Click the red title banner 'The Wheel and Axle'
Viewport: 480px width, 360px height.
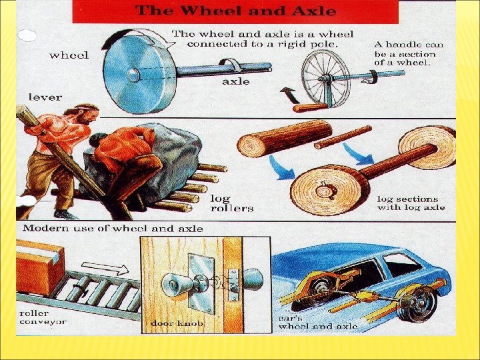pos(235,11)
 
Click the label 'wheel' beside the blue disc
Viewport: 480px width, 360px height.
pos(69,55)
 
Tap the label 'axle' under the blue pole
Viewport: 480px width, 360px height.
pos(236,81)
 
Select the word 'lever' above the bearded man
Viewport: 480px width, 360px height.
pos(45,97)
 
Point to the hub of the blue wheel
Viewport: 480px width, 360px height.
pos(133,75)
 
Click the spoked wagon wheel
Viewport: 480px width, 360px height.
pos(325,79)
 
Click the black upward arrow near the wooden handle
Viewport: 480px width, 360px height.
pos(289,95)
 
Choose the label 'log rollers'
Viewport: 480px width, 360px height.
pos(232,203)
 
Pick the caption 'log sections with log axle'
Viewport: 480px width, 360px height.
pos(411,203)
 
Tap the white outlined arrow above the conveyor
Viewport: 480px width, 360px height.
pos(105,268)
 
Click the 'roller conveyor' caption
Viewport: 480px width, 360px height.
pos(43,317)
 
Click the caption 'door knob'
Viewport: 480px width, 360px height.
pos(177,323)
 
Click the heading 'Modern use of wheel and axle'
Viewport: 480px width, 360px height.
pos(113,229)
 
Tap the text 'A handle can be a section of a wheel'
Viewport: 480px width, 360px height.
pos(409,54)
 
